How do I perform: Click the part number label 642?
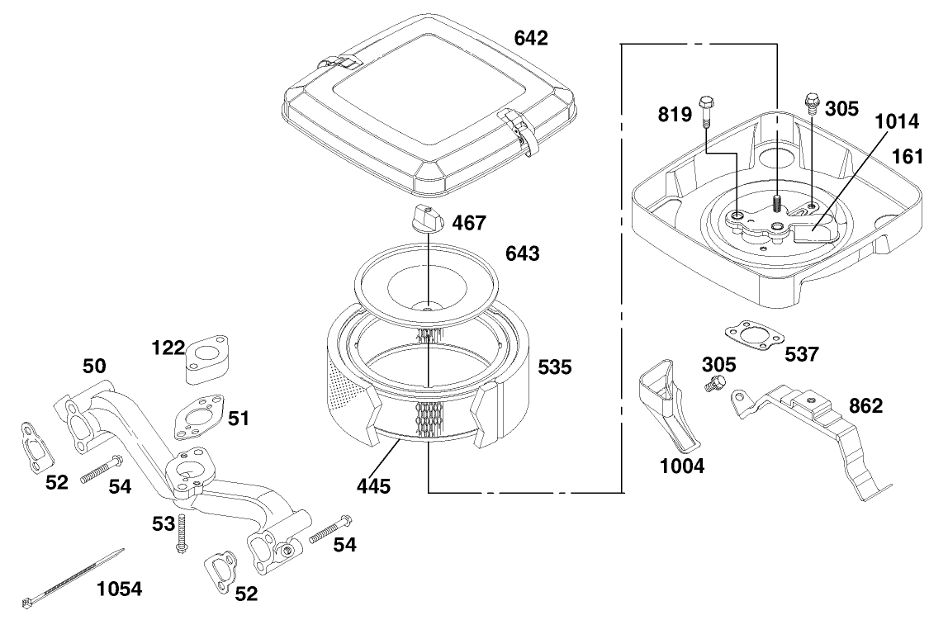click(531, 38)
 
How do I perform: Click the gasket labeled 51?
click(199, 418)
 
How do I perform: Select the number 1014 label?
click(897, 122)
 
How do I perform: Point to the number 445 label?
click(373, 485)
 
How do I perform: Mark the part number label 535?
click(554, 367)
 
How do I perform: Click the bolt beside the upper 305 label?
click(812, 102)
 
